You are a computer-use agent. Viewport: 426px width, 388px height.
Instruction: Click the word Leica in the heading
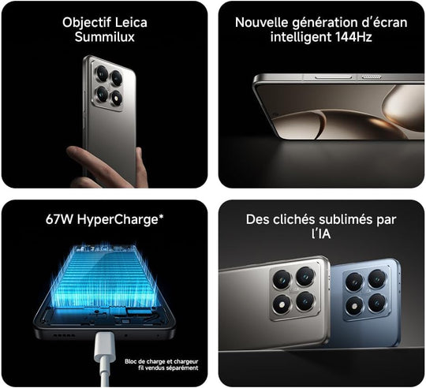(x=131, y=22)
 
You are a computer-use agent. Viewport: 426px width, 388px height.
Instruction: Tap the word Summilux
(x=105, y=36)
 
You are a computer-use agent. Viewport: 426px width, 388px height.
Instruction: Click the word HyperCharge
(x=118, y=219)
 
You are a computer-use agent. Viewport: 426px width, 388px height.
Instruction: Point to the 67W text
(x=59, y=219)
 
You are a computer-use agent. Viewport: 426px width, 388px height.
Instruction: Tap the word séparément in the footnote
(x=183, y=368)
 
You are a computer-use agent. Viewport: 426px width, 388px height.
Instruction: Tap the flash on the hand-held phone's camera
(x=117, y=98)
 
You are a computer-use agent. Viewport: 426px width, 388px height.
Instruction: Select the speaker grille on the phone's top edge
(x=371, y=77)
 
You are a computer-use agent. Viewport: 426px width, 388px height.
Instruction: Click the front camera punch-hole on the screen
(x=275, y=114)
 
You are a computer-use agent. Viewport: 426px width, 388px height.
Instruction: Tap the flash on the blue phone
(x=354, y=306)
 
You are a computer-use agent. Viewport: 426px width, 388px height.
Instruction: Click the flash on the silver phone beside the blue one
(x=282, y=304)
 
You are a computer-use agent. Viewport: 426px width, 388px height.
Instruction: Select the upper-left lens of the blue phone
(x=354, y=282)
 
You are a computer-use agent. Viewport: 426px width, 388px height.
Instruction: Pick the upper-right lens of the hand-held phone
(x=117, y=78)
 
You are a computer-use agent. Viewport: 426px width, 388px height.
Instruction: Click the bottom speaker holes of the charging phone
(x=64, y=335)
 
